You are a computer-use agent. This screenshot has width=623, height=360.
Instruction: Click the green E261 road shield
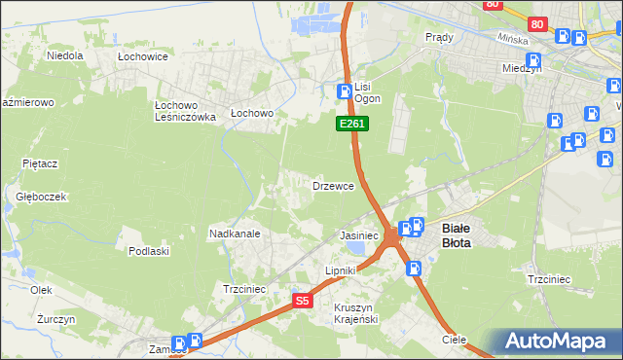(x=351, y=125)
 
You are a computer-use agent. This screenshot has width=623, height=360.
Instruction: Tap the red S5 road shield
(x=303, y=302)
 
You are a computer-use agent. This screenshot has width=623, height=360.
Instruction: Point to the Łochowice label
(x=143, y=57)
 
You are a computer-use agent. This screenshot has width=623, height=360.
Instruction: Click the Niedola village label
(x=64, y=55)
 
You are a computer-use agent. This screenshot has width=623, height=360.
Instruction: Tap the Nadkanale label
(x=234, y=234)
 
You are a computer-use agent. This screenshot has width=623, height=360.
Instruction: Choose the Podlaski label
(x=149, y=251)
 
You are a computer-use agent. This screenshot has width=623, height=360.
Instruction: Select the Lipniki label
(x=342, y=270)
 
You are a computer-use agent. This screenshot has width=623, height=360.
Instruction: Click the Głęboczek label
(x=41, y=196)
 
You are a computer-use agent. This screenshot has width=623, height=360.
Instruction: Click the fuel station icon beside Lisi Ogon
(x=343, y=91)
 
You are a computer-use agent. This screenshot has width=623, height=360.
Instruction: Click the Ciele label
(x=454, y=341)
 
